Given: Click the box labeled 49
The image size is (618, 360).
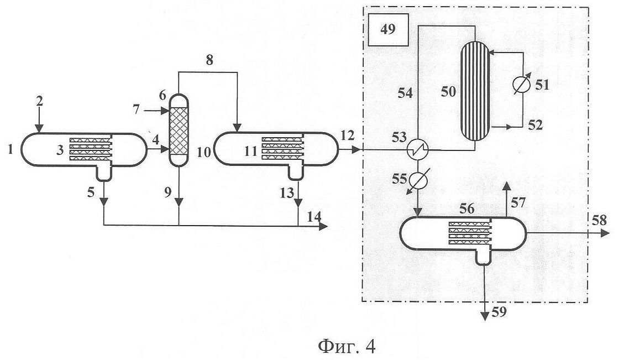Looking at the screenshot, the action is tap(388, 30).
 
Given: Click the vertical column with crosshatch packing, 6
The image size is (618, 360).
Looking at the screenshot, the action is tap(179, 130).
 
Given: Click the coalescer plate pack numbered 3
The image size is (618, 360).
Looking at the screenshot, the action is tap(90, 149).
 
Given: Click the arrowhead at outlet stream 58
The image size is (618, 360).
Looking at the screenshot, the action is tap(606, 233).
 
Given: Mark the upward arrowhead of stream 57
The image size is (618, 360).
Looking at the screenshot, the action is tap(507, 187).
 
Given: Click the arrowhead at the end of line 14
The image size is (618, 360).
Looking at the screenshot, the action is tap(323, 226).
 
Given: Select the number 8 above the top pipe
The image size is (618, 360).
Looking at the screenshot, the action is tap(210, 60).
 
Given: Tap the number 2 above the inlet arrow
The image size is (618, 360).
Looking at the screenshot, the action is tap(39, 102).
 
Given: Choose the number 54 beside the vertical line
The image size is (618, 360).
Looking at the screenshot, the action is tap(405, 93).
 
